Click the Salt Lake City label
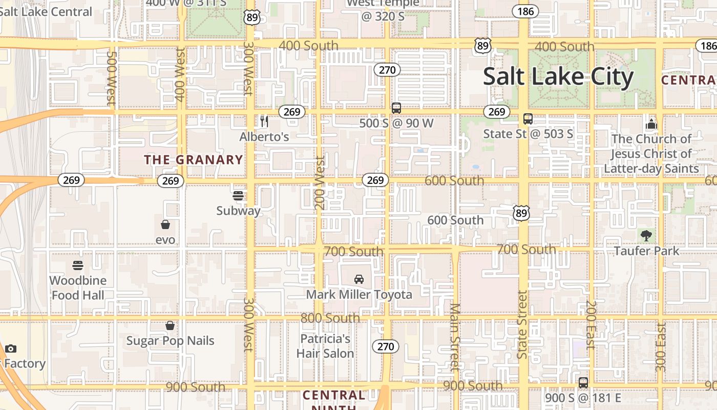tap(558, 77)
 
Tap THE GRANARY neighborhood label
tap(194, 160)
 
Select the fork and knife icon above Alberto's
tap(264, 121)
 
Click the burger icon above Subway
tap(238, 195)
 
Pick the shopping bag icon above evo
tap(165, 224)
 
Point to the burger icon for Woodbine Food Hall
tap(78, 265)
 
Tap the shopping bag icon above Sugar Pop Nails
tap(170, 325)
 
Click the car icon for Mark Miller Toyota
tap(359, 279)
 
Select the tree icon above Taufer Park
tap(646, 236)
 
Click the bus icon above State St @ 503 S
tap(528, 119)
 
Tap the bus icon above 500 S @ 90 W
tap(396, 108)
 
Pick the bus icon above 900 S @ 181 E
tap(583, 382)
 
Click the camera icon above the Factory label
tap(11, 349)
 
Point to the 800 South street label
tap(330, 318)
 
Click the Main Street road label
tap(455, 336)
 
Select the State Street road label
tap(522, 325)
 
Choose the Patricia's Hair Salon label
tap(325, 346)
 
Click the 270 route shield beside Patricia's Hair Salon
tap(385, 346)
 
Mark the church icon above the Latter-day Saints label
tap(651, 124)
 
